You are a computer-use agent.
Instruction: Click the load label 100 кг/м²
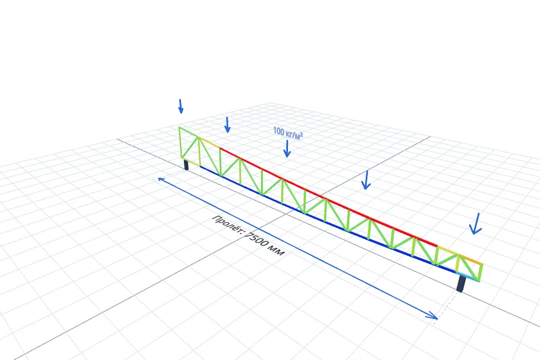[x=288, y=133]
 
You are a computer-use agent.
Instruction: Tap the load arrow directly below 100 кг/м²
[x=287, y=149]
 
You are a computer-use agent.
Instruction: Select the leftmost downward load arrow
[x=181, y=106]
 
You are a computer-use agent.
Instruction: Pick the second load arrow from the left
[x=227, y=125]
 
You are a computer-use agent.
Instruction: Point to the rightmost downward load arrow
[x=476, y=223]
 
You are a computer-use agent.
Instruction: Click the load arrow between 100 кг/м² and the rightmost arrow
[x=366, y=180]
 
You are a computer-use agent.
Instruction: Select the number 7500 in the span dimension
[x=258, y=240]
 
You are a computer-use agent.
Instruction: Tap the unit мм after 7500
[x=278, y=251]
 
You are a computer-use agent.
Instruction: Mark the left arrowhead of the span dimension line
[x=160, y=179]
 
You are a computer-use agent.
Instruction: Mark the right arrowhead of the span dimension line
[x=433, y=316]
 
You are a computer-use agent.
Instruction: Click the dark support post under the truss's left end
[x=186, y=165]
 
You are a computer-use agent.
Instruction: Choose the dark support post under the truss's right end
[x=461, y=283]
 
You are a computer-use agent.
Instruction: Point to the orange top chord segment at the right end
[x=471, y=260]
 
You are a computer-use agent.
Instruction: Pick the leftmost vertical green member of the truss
[x=180, y=143]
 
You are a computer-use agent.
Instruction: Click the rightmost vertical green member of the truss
[x=480, y=273]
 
